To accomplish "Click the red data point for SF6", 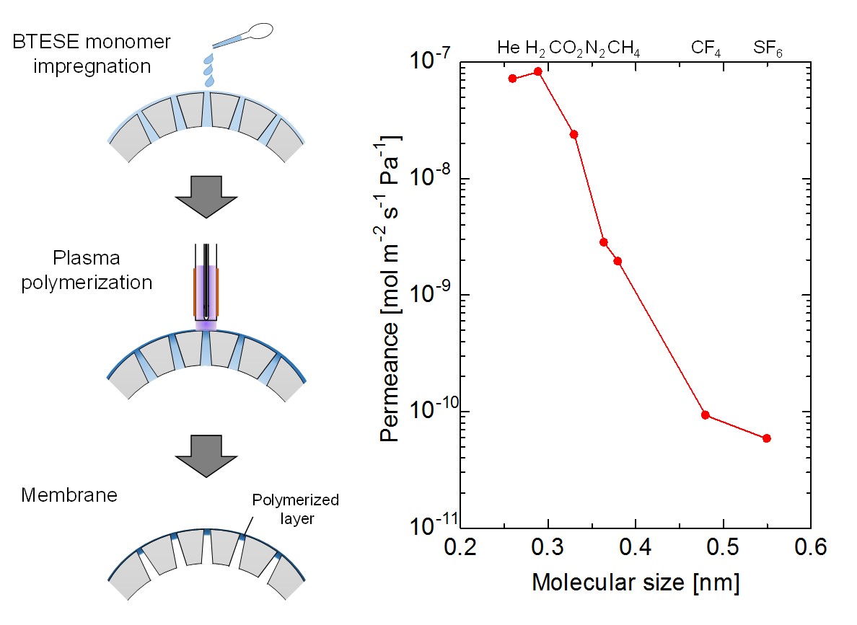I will pyautogui.click(x=766, y=438).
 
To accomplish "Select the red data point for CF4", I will pyautogui.click(x=706, y=415).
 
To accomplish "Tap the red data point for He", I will pyautogui.click(x=512, y=79).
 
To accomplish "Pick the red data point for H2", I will pyautogui.click(x=537, y=71).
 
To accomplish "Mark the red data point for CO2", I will pyautogui.click(x=574, y=134).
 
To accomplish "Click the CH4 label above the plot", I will pyautogui.click(x=624, y=49).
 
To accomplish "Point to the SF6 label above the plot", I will pyautogui.click(x=768, y=49).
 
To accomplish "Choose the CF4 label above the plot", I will pyautogui.click(x=706, y=49).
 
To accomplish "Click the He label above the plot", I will pyautogui.click(x=508, y=48).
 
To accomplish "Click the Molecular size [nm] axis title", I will pyautogui.click(x=636, y=582).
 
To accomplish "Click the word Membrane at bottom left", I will pyautogui.click(x=69, y=496).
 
